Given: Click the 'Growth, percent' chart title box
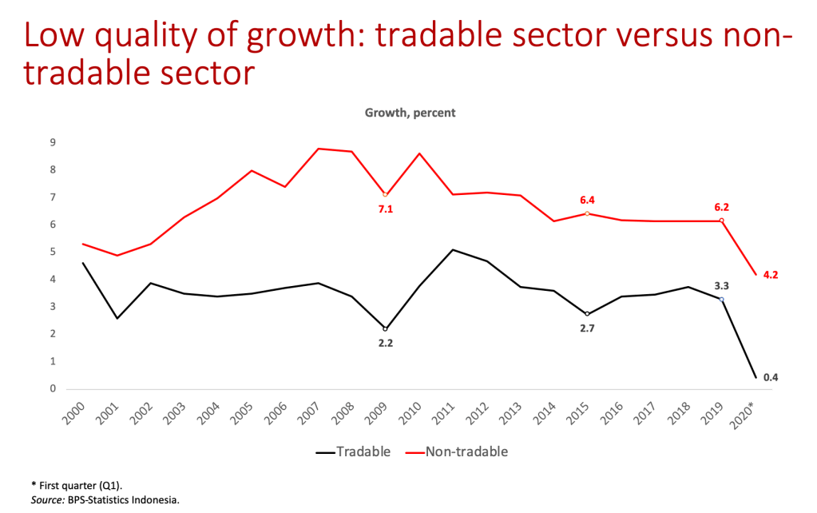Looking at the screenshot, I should pyautogui.click(x=410, y=113).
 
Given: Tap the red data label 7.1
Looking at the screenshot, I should pyautogui.click(x=386, y=209).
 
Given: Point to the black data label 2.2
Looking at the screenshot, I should pyautogui.click(x=386, y=343).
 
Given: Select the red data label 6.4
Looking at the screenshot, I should pyautogui.click(x=587, y=200).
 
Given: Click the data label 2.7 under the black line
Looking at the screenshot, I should pyautogui.click(x=587, y=328).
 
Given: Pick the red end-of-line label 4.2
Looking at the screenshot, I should pyautogui.click(x=771, y=274).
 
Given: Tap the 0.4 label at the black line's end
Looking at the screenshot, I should pyautogui.click(x=771, y=377).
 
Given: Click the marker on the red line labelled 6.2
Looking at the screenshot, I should pyautogui.click(x=722, y=221).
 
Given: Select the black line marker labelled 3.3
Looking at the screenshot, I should pyautogui.click(x=722, y=300).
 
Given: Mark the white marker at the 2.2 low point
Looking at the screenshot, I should pyautogui.click(x=386, y=328).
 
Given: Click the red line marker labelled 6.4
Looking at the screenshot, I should pyautogui.click(x=587, y=213).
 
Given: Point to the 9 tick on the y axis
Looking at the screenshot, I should pyautogui.click(x=53, y=143).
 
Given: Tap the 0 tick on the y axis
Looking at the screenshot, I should pyautogui.click(x=53, y=389).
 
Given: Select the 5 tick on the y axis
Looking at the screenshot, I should pyautogui.click(x=53, y=253).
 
